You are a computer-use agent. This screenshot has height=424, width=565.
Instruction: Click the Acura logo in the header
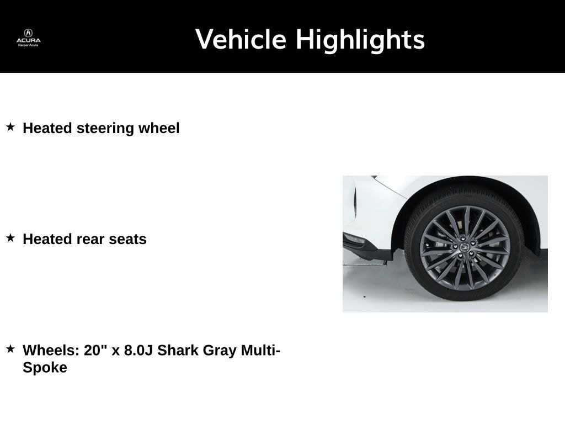[29, 38]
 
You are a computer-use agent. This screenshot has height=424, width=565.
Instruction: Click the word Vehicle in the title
[241, 39]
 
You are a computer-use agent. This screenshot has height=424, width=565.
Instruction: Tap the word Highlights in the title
[360, 40]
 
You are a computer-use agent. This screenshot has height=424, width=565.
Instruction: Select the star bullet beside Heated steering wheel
[10, 127]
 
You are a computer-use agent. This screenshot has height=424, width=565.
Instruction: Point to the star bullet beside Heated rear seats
[10, 238]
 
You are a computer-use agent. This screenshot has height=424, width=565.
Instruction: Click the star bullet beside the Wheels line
[10, 349]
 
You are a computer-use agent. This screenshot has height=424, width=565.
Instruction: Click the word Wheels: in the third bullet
[51, 350]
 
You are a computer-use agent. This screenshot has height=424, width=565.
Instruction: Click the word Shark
[178, 350]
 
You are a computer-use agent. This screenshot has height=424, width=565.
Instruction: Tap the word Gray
[220, 351]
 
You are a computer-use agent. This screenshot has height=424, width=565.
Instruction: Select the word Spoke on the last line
[45, 368]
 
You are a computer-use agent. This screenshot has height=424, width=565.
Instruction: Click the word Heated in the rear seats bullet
[47, 239]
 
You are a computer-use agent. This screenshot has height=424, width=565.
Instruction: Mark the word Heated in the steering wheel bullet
[47, 128]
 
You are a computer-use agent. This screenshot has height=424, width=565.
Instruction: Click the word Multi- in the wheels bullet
[260, 350]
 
